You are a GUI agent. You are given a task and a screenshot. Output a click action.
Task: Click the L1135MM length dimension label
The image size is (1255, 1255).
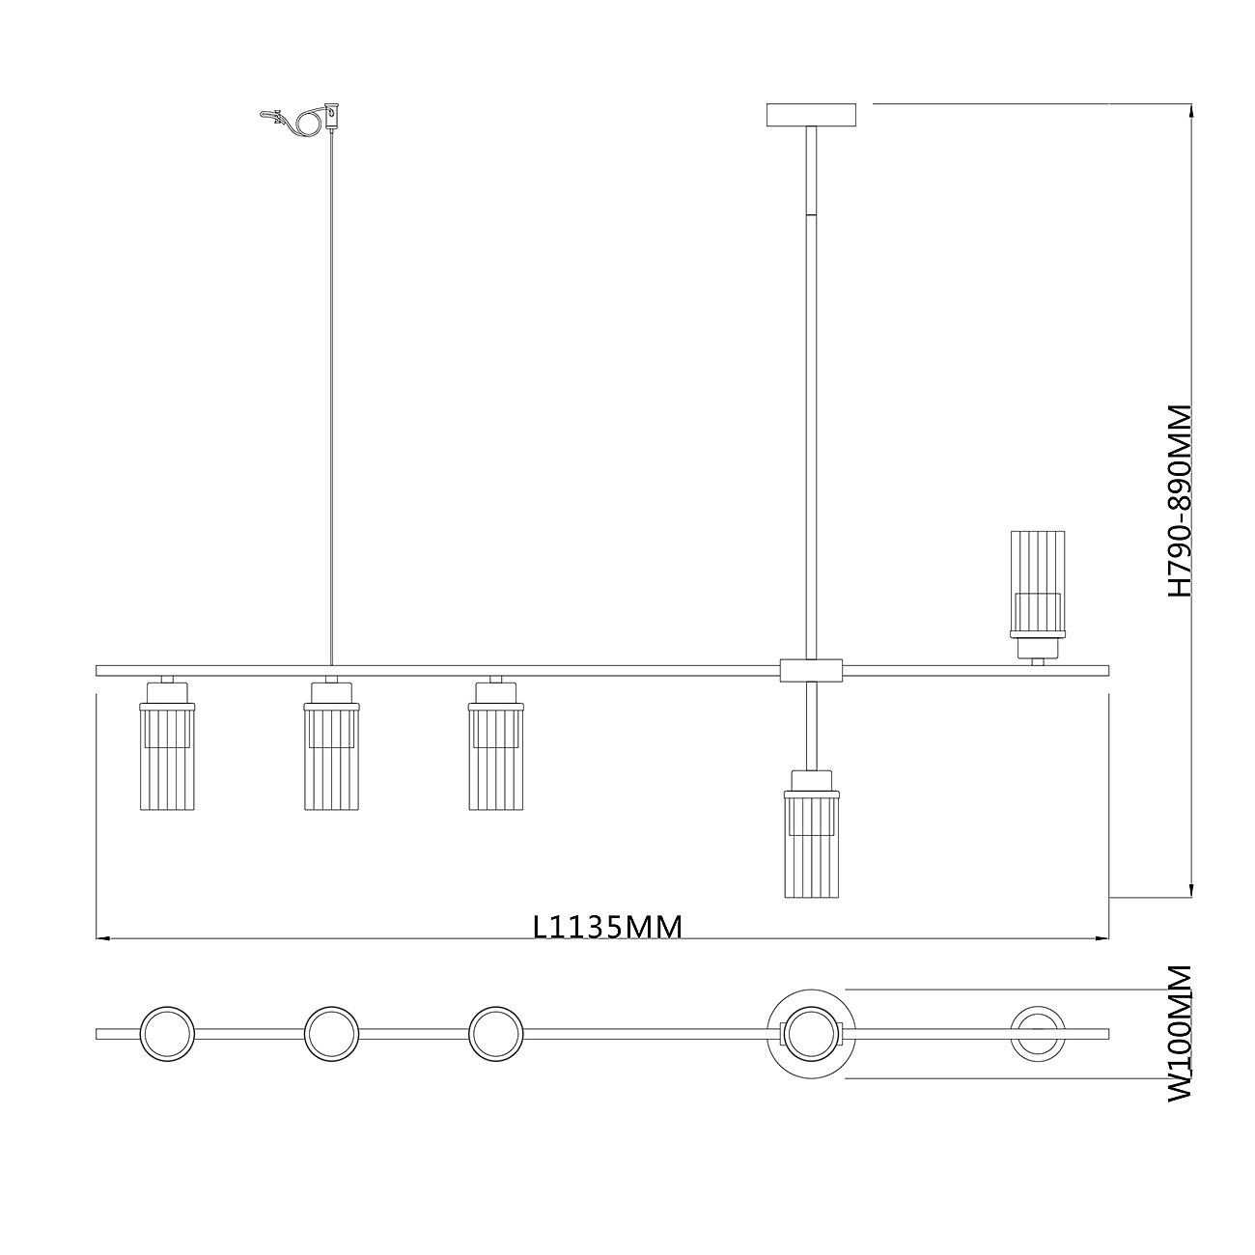point(607,927)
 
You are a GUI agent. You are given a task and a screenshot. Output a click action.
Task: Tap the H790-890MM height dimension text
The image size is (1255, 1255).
point(1179,501)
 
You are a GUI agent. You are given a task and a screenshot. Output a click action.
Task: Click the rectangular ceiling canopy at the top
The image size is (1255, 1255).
point(812,115)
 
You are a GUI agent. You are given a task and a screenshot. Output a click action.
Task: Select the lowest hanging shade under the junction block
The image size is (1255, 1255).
point(812,834)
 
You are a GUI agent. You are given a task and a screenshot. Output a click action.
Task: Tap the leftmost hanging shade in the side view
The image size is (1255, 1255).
point(167,745)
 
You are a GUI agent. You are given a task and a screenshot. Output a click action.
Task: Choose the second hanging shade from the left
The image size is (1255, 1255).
point(331,745)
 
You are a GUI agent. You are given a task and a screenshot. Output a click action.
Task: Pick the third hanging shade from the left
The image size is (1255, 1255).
point(495,745)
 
